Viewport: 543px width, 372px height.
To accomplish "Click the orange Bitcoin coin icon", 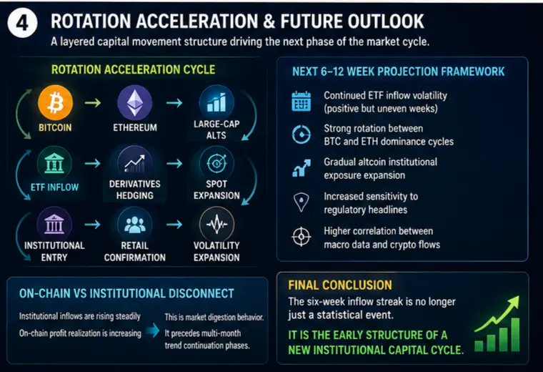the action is [x=56, y=103].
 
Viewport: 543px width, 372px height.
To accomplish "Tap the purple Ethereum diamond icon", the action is [x=135, y=103].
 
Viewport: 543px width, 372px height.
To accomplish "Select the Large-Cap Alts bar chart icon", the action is [x=216, y=102].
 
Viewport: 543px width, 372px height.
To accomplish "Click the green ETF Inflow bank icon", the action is [x=54, y=163].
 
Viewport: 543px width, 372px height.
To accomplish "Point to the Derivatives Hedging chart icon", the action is [x=135, y=163].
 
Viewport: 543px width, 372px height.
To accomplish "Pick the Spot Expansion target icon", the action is [x=216, y=163].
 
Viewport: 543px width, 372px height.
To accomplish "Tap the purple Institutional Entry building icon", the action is [x=54, y=225].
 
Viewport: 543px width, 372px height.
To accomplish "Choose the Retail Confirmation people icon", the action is [x=135, y=225].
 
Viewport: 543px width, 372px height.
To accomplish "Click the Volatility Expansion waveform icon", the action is [x=216, y=225].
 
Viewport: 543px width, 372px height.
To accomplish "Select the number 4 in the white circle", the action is [x=23, y=23].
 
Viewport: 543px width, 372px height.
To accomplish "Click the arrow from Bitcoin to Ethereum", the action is [x=93, y=102].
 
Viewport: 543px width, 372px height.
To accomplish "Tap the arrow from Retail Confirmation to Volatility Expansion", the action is [x=174, y=225].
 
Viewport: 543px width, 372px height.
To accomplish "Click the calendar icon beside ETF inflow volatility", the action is [x=301, y=102].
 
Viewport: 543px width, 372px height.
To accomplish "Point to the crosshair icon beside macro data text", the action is [x=302, y=237].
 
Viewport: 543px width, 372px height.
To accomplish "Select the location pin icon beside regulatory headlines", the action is [x=302, y=202].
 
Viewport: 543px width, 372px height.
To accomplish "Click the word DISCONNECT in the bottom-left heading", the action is [x=201, y=293].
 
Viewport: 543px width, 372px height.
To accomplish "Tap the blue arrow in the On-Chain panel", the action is [x=152, y=331].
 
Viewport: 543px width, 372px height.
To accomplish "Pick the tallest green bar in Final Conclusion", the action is [x=515, y=334].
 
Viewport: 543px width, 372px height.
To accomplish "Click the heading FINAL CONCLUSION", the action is [x=340, y=285].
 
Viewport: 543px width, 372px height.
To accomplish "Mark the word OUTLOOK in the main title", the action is [x=386, y=21].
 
